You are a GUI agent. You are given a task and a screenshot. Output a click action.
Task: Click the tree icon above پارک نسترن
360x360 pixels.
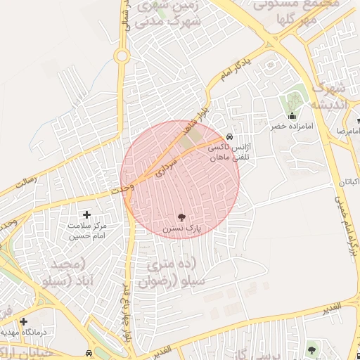pos(181,217)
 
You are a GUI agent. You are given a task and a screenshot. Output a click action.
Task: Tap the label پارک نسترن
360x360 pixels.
pos(181,229)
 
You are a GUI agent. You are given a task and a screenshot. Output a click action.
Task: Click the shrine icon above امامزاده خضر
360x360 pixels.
pos(292,116)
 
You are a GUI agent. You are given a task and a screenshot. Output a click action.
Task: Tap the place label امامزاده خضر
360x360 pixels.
pos(292,128)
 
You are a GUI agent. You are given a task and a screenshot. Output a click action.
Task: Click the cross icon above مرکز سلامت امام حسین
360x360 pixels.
pos(87,214)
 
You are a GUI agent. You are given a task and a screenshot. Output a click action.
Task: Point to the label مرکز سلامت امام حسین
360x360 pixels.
pos(87,231)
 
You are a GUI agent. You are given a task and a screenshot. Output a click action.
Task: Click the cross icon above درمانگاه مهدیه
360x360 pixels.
pos(23,321)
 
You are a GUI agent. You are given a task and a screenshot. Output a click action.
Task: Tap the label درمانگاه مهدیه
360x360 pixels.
pos(20,332)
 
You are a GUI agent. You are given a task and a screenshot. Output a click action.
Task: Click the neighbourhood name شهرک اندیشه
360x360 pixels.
pos(328,97)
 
